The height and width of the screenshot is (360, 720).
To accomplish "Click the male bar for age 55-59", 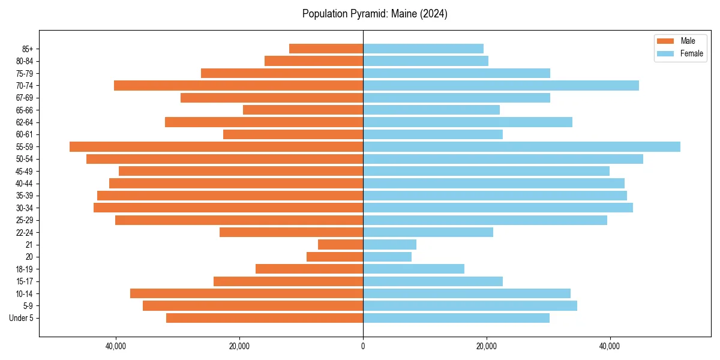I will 216,146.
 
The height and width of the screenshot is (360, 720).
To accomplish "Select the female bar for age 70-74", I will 501,85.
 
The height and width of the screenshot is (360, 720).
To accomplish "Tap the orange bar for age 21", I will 340,244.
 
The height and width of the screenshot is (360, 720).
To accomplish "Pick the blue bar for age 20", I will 387,257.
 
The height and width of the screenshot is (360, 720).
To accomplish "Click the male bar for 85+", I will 326,49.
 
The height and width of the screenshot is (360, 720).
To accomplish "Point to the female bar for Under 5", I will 456,318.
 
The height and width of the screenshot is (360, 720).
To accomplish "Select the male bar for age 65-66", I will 303,110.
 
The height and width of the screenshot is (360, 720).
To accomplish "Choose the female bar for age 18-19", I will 413,269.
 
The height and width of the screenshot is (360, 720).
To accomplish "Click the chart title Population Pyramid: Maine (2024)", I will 375,14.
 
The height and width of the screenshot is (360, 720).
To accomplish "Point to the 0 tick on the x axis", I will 363,346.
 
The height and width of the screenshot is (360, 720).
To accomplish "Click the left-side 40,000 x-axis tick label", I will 116,346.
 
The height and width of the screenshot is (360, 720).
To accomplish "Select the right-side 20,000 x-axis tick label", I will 487,346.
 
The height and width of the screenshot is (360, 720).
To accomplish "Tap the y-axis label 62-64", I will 25,122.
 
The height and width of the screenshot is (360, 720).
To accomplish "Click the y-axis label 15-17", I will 25,281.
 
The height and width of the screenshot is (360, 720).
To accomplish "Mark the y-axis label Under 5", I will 22,318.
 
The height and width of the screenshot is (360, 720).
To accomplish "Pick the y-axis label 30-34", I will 25,208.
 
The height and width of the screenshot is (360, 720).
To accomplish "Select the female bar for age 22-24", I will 428,232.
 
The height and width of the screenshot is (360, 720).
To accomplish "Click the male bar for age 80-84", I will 314,61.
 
